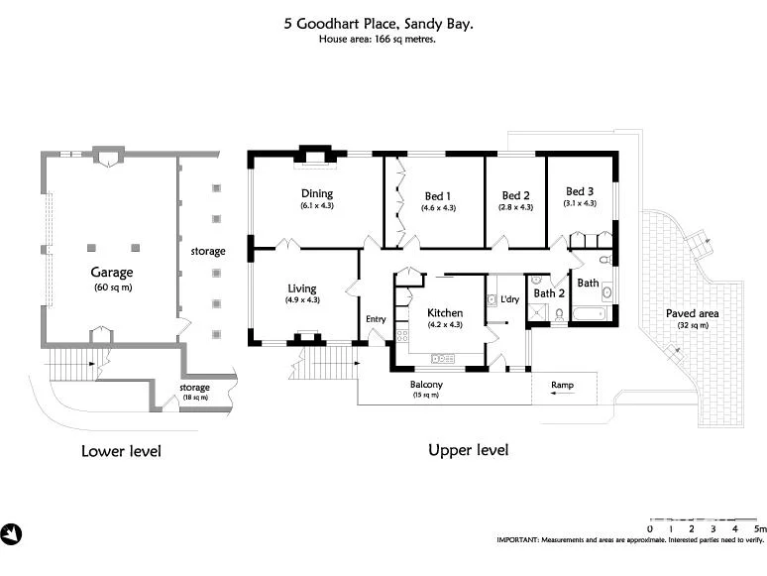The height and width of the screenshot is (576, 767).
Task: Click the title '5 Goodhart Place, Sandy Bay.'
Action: pos(378,23)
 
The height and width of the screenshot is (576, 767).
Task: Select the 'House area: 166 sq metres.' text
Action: pos(378,40)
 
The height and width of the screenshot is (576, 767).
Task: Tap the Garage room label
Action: pos(112,272)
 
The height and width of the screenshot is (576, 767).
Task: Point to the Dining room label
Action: pos(317,193)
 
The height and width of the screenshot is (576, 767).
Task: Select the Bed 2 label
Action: pos(515,195)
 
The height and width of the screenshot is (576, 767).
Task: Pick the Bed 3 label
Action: pos(580,191)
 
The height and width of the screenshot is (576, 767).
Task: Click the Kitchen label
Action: pos(445,312)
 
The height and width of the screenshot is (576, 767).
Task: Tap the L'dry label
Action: pos(509,299)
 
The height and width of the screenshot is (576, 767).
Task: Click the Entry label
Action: pos(376,319)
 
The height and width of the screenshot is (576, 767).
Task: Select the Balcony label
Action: pos(426,385)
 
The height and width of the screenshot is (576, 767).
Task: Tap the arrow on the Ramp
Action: pos(559,394)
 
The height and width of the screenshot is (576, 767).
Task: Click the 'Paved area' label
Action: pos(693,313)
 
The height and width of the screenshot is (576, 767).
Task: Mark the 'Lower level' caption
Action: pos(120,451)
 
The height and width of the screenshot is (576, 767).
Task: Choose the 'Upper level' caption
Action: pos(468,450)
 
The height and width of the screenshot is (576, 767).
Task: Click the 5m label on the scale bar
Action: pos(760,529)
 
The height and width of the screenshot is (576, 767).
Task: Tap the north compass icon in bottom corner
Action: pos(12,534)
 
